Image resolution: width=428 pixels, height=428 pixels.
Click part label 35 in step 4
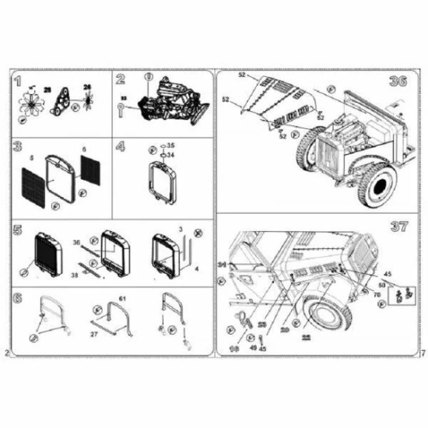171,146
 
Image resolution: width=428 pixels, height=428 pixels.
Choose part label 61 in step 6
121,299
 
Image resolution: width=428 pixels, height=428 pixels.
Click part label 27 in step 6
93,334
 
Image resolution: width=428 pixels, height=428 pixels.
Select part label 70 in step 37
377,295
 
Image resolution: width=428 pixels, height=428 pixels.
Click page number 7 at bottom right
421,353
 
